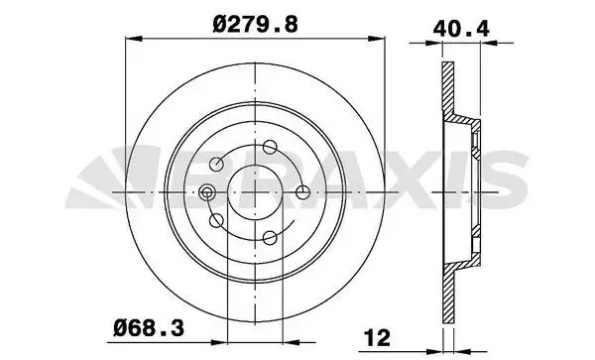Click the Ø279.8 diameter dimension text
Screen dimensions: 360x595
point(257,18)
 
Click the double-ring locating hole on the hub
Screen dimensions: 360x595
point(208,192)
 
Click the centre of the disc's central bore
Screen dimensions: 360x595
point(256,191)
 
